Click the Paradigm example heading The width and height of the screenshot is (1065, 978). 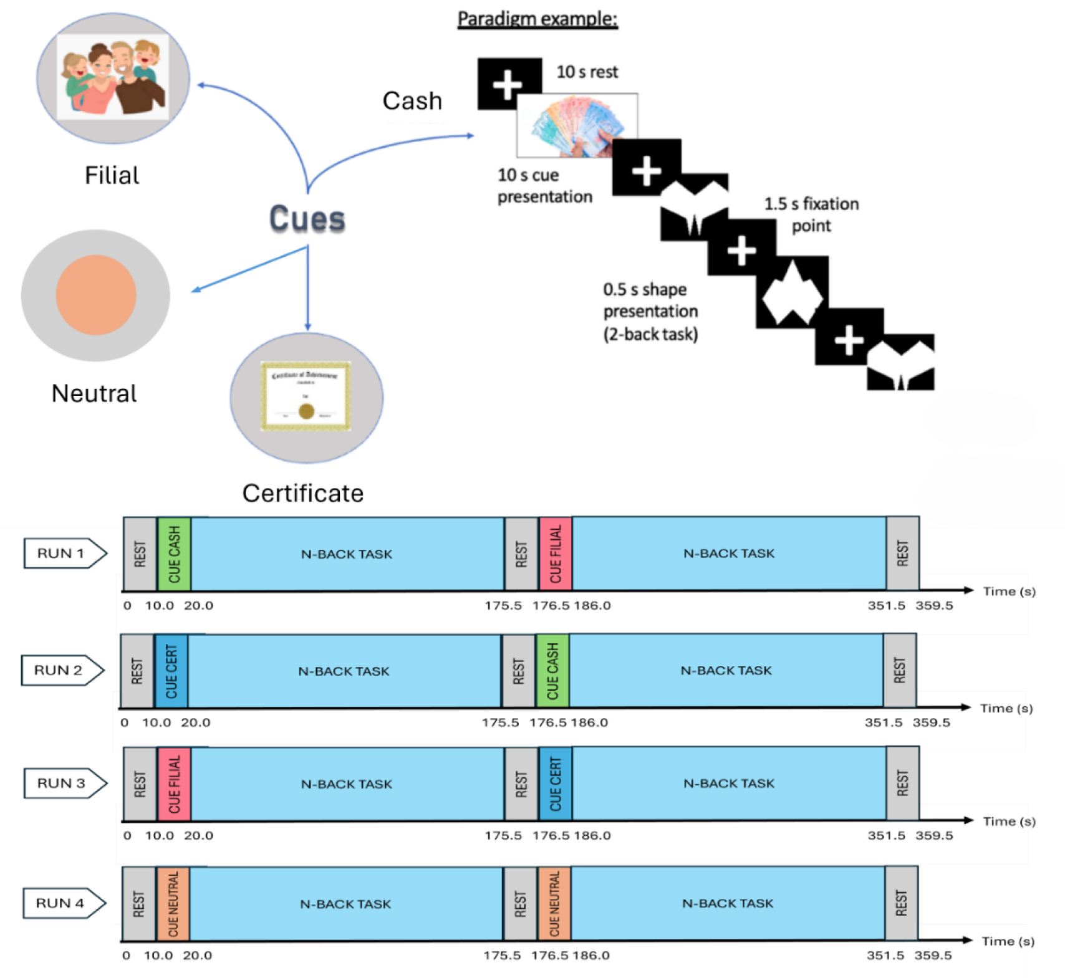tap(537, 19)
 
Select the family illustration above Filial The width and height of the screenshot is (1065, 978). tap(113, 76)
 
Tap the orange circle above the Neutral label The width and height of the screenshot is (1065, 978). tap(96, 295)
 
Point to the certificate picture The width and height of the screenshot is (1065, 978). tap(306, 396)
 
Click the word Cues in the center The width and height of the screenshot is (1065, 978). tap(307, 219)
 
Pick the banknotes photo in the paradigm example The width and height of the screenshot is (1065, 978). tap(577, 125)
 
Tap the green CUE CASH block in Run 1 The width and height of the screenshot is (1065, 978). tap(175, 554)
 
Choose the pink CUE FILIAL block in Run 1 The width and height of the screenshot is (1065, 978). tap(556, 554)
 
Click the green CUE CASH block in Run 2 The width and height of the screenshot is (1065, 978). tap(552, 671)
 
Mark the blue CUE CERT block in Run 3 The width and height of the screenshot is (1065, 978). tap(556, 784)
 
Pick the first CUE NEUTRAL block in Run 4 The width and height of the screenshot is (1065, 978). tap(173, 904)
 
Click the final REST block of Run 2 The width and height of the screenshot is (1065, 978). tap(899, 671)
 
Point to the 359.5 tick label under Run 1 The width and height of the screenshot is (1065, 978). tap(934, 606)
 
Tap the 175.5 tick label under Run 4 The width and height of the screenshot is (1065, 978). tap(502, 956)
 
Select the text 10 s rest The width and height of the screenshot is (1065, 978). tap(587, 72)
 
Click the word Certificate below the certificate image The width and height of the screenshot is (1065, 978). tap(303, 494)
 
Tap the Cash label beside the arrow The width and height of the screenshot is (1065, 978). tap(412, 101)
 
